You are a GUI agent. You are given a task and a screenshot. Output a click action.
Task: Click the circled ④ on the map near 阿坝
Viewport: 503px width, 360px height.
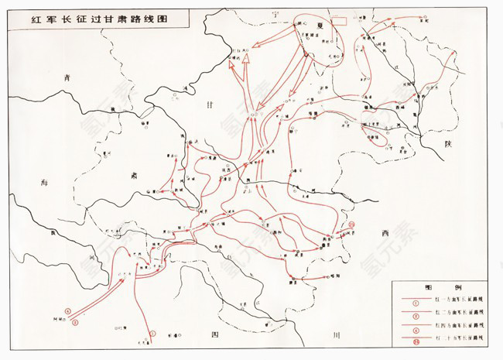point(68,313)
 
